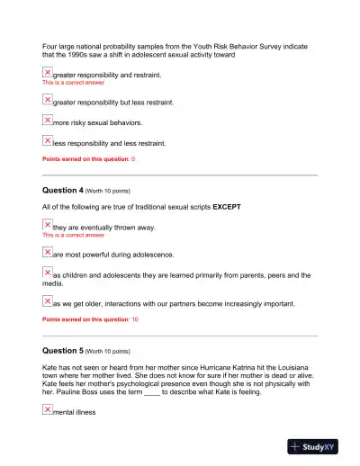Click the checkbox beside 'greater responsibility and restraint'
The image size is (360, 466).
pyautogui.click(x=48, y=72)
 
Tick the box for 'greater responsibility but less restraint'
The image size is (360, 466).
pyautogui.click(x=48, y=100)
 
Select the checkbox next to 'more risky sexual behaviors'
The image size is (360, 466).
pyautogui.click(x=48, y=120)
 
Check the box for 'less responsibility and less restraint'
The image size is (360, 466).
pyautogui.click(x=48, y=139)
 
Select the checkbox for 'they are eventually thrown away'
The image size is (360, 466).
pyautogui.click(x=48, y=225)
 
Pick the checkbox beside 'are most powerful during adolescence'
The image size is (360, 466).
pyautogui.click(x=48, y=253)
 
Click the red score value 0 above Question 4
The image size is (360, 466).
pyautogui.click(x=133, y=158)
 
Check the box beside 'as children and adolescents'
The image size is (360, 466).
pyautogui.click(x=48, y=273)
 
